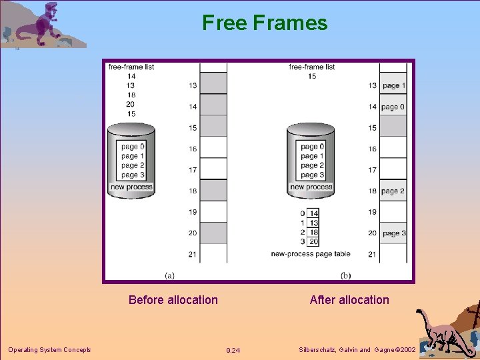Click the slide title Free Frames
[265, 23]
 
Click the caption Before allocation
[173, 300]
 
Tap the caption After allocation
[349, 300]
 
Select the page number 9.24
[233, 350]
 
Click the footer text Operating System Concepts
[49, 350]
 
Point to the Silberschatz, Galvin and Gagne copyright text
[357, 350]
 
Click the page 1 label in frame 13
[393, 85]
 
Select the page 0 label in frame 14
[393, 107]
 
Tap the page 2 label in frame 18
[393, 191]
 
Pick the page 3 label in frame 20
[393, 233]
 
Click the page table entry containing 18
[314, 232]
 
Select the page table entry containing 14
[314, 213]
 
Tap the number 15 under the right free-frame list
[312, 76]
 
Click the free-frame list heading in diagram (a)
[131, 67]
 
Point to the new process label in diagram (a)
[131, 187]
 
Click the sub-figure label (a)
[170, 275]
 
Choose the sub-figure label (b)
[345, 275]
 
